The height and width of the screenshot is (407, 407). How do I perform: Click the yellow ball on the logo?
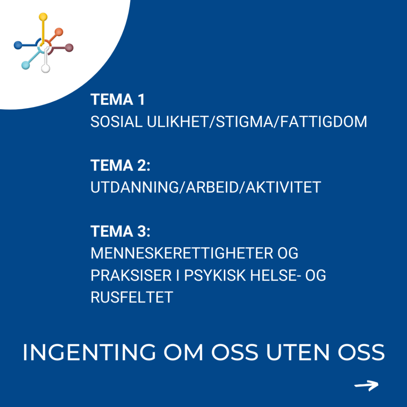(x=43, y=17)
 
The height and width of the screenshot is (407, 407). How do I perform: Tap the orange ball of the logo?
(x=59, y=32)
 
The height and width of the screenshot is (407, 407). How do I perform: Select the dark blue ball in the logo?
(x=18, y=45)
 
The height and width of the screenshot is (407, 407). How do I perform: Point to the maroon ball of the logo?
(x=69, y=48)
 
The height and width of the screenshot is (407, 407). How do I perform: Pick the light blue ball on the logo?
(x=25, y=65)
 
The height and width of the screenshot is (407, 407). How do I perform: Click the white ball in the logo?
(x=46, y=68)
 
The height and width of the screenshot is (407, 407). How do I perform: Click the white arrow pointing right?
(x=366, y=385)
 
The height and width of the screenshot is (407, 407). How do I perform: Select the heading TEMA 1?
(x=118, y=99)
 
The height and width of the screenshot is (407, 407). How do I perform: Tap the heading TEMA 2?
(x=120, y=165)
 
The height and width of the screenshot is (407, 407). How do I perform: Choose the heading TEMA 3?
(x=120, y=231)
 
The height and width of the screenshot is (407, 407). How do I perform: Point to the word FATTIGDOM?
(x=324, y=122)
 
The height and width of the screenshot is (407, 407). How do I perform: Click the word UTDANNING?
(x=135, y=187)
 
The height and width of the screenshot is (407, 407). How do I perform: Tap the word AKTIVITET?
(x=283, y=187)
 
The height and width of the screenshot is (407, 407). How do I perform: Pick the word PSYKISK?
(x=215, y=275)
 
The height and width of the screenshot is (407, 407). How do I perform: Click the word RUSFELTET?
(x=132, y=297)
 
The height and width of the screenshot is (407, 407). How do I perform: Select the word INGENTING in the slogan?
(x=89, y=352)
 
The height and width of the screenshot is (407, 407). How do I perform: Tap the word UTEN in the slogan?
(x=298, y=352)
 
